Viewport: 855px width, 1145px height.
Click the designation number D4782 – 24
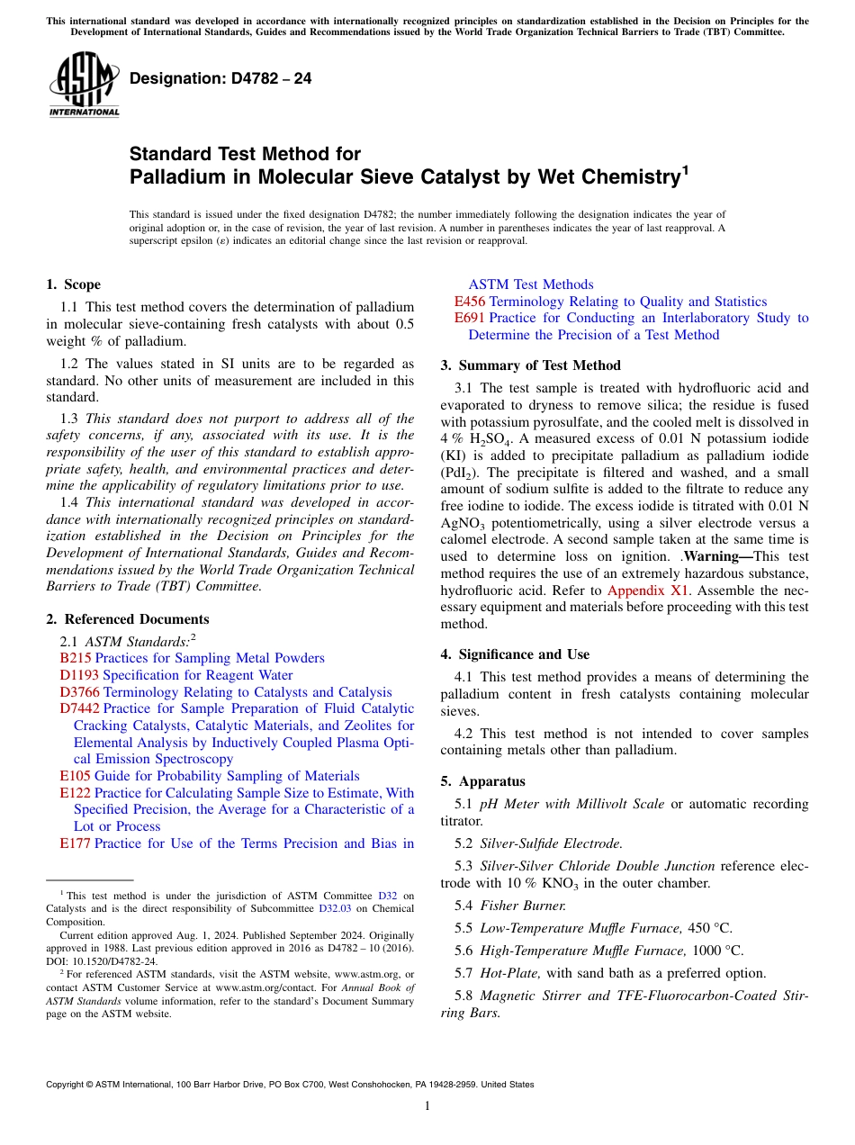click(x=220, y=78)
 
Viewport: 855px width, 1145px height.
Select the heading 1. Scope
click(x=73, y=284)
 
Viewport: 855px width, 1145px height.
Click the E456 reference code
click(x=470, y=302)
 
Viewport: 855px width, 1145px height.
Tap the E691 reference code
click(x=470, y=318)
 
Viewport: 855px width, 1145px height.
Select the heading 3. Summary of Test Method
click(x=530, y=365)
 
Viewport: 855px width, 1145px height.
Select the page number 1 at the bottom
click(x=427, y=1106)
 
